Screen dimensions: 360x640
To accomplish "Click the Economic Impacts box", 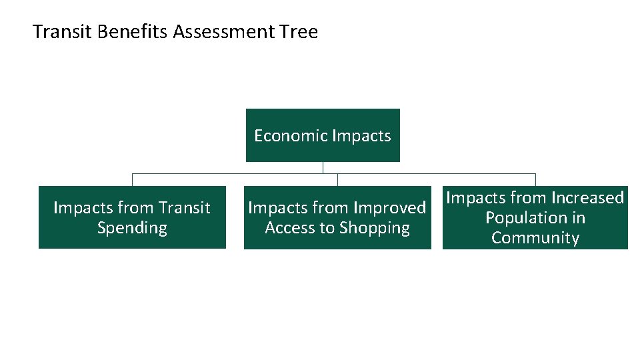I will pyautogui.click(x=323, y=135).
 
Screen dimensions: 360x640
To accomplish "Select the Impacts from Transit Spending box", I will pyautogui.click(x=132, y=217).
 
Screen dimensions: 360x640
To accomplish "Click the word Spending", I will pyautogui.click(x=132, y=228).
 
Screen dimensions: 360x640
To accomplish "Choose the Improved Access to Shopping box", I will pyautogui.click(x=337, y=217).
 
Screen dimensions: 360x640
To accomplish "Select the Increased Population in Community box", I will pyautogui.click(x=535, y=217).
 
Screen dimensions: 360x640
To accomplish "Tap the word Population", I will pyautogui.click(x=535, y=218).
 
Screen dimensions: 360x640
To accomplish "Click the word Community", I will pyautogui.click(x=535, y=238).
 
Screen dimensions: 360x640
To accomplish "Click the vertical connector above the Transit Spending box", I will pyautogui.click(x=132, y=179).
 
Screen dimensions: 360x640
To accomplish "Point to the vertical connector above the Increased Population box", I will pyautogui.click(x=535, y=179).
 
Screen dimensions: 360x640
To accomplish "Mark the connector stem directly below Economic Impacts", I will pyautogui.click(x=323, y=167).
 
